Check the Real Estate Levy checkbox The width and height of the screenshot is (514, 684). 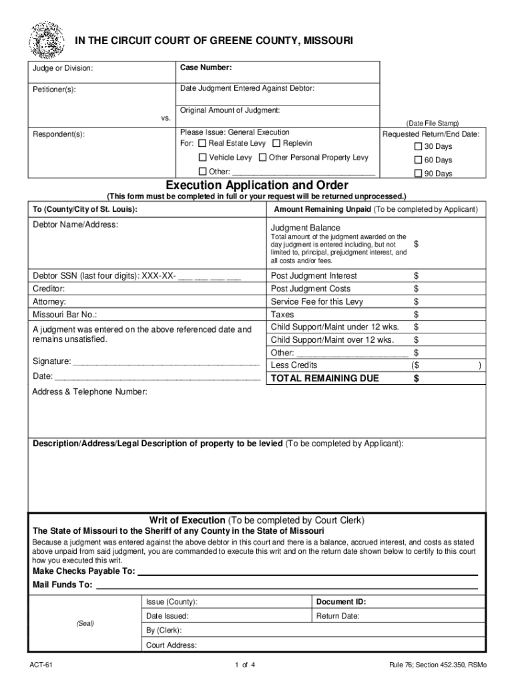coord(202,144)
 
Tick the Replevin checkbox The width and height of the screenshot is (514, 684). coord(276,144)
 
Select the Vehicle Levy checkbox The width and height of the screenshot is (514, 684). coord(202,158)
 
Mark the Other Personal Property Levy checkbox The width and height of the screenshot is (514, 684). coord(262,158)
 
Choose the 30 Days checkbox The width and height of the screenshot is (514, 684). coord(419,146)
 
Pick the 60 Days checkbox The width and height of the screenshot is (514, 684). coord(419,160)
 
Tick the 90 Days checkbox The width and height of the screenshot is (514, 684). coord(419,174)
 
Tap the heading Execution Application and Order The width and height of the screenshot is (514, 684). coord(257,185)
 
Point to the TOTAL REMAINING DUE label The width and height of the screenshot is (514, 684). coord(324,379)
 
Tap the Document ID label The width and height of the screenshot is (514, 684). coord(341,602)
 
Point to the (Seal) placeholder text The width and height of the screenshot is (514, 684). coord(85,623)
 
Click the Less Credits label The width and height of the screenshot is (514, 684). coord(294,365)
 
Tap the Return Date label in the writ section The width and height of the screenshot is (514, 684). coord(338,616)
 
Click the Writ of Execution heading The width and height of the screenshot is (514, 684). coord(188,520)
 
